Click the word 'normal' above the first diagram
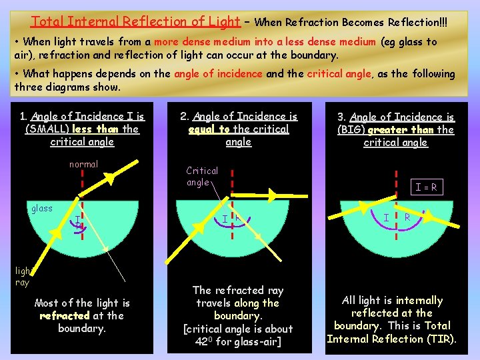tap(83, 164)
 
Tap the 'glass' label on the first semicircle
tap(42, 208)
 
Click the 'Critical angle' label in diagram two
tap(201, 176)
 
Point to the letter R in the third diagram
tap(407, 217)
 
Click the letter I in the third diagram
tap(386, 217)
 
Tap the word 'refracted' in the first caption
tap(65, 315)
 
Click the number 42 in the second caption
tap(203, 341)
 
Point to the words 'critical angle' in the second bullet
tap(341, 74)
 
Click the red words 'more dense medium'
tap(198, 41)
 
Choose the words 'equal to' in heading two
tap(209, 129)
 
